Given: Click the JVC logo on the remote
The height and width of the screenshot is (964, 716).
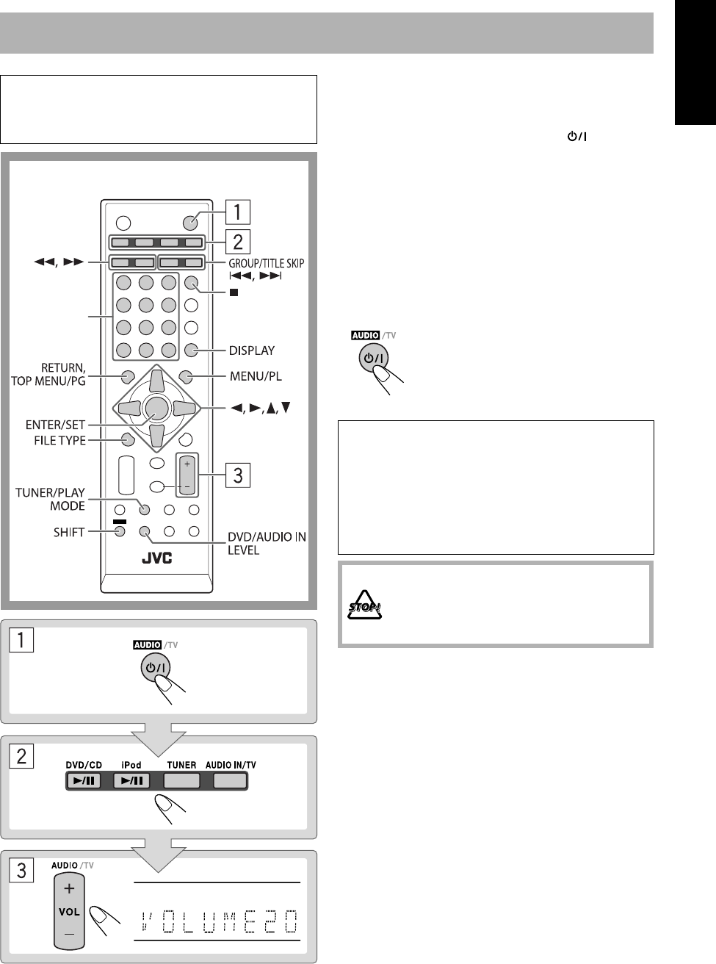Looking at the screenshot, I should tap(156, 559).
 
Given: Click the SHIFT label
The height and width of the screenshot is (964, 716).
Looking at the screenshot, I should tap(68, 531).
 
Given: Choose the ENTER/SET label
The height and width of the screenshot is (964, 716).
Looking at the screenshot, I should tap(57, 425).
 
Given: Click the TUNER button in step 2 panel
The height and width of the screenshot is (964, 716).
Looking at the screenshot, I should tap(181, 782).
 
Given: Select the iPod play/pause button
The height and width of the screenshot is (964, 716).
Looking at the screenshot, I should tap(132, 782).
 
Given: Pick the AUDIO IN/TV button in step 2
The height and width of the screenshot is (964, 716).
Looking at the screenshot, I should tap(231, 782).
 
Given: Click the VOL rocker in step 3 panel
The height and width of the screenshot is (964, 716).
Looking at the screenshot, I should tap(68, 910).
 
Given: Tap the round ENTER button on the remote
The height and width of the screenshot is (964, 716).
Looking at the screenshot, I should tap(155, 407).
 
